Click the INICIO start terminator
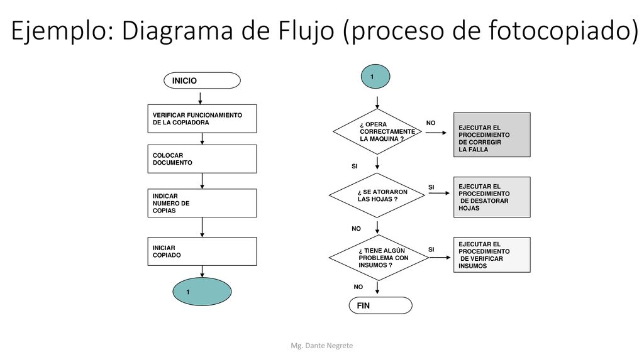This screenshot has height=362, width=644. tap(202, 80)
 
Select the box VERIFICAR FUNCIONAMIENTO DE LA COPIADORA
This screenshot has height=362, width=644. tap(202, 119)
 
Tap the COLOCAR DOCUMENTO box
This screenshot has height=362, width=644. tap(202, 159)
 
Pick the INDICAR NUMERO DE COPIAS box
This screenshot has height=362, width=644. tap(202, 203)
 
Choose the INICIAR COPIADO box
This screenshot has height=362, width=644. tap(202, 251)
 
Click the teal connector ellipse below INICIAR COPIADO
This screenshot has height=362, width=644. tap(202, 292)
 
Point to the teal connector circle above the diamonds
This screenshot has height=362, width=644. tap(375, 76)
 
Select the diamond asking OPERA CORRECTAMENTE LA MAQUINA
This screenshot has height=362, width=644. tap(377, 132)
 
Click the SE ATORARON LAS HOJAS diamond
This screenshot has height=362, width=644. tap(377, 195)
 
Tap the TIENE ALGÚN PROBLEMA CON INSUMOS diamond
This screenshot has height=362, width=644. tap(379, 258)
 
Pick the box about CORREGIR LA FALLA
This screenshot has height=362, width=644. tap(492, 134)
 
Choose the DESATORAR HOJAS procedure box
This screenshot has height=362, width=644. tap(492, 197)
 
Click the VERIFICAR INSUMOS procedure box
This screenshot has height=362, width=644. tap(492, 255)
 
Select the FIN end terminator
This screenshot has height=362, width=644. tap(380, 305)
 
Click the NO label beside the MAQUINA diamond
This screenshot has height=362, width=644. tap(430, 123)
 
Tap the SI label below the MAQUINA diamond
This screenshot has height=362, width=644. tap(355, 166)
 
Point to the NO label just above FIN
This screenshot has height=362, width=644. tap(358, 287)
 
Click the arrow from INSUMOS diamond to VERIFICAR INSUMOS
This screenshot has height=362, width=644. tap(440, 257)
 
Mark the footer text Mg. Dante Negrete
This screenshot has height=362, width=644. tap(321, 346)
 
